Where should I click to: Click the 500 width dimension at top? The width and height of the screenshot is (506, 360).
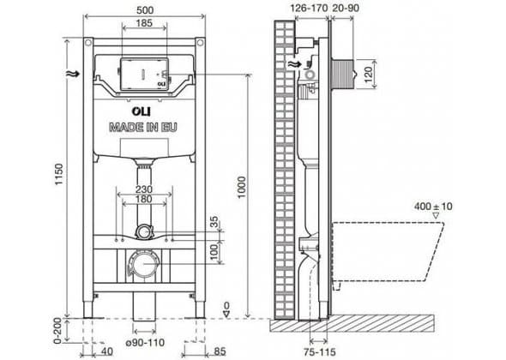145,10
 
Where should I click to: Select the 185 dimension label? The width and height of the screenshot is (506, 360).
144,23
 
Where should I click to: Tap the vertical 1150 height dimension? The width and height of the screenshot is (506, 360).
58,175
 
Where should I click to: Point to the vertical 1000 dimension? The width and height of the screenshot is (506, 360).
242,188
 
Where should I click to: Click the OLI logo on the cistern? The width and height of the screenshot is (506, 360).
141,111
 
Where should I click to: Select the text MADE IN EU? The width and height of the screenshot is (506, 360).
143,128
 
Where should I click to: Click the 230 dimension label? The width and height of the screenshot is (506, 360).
144,189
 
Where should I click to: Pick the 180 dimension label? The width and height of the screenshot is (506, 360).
144,199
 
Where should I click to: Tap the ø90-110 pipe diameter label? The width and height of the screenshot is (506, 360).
145,342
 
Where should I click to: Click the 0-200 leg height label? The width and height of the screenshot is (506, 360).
57,330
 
